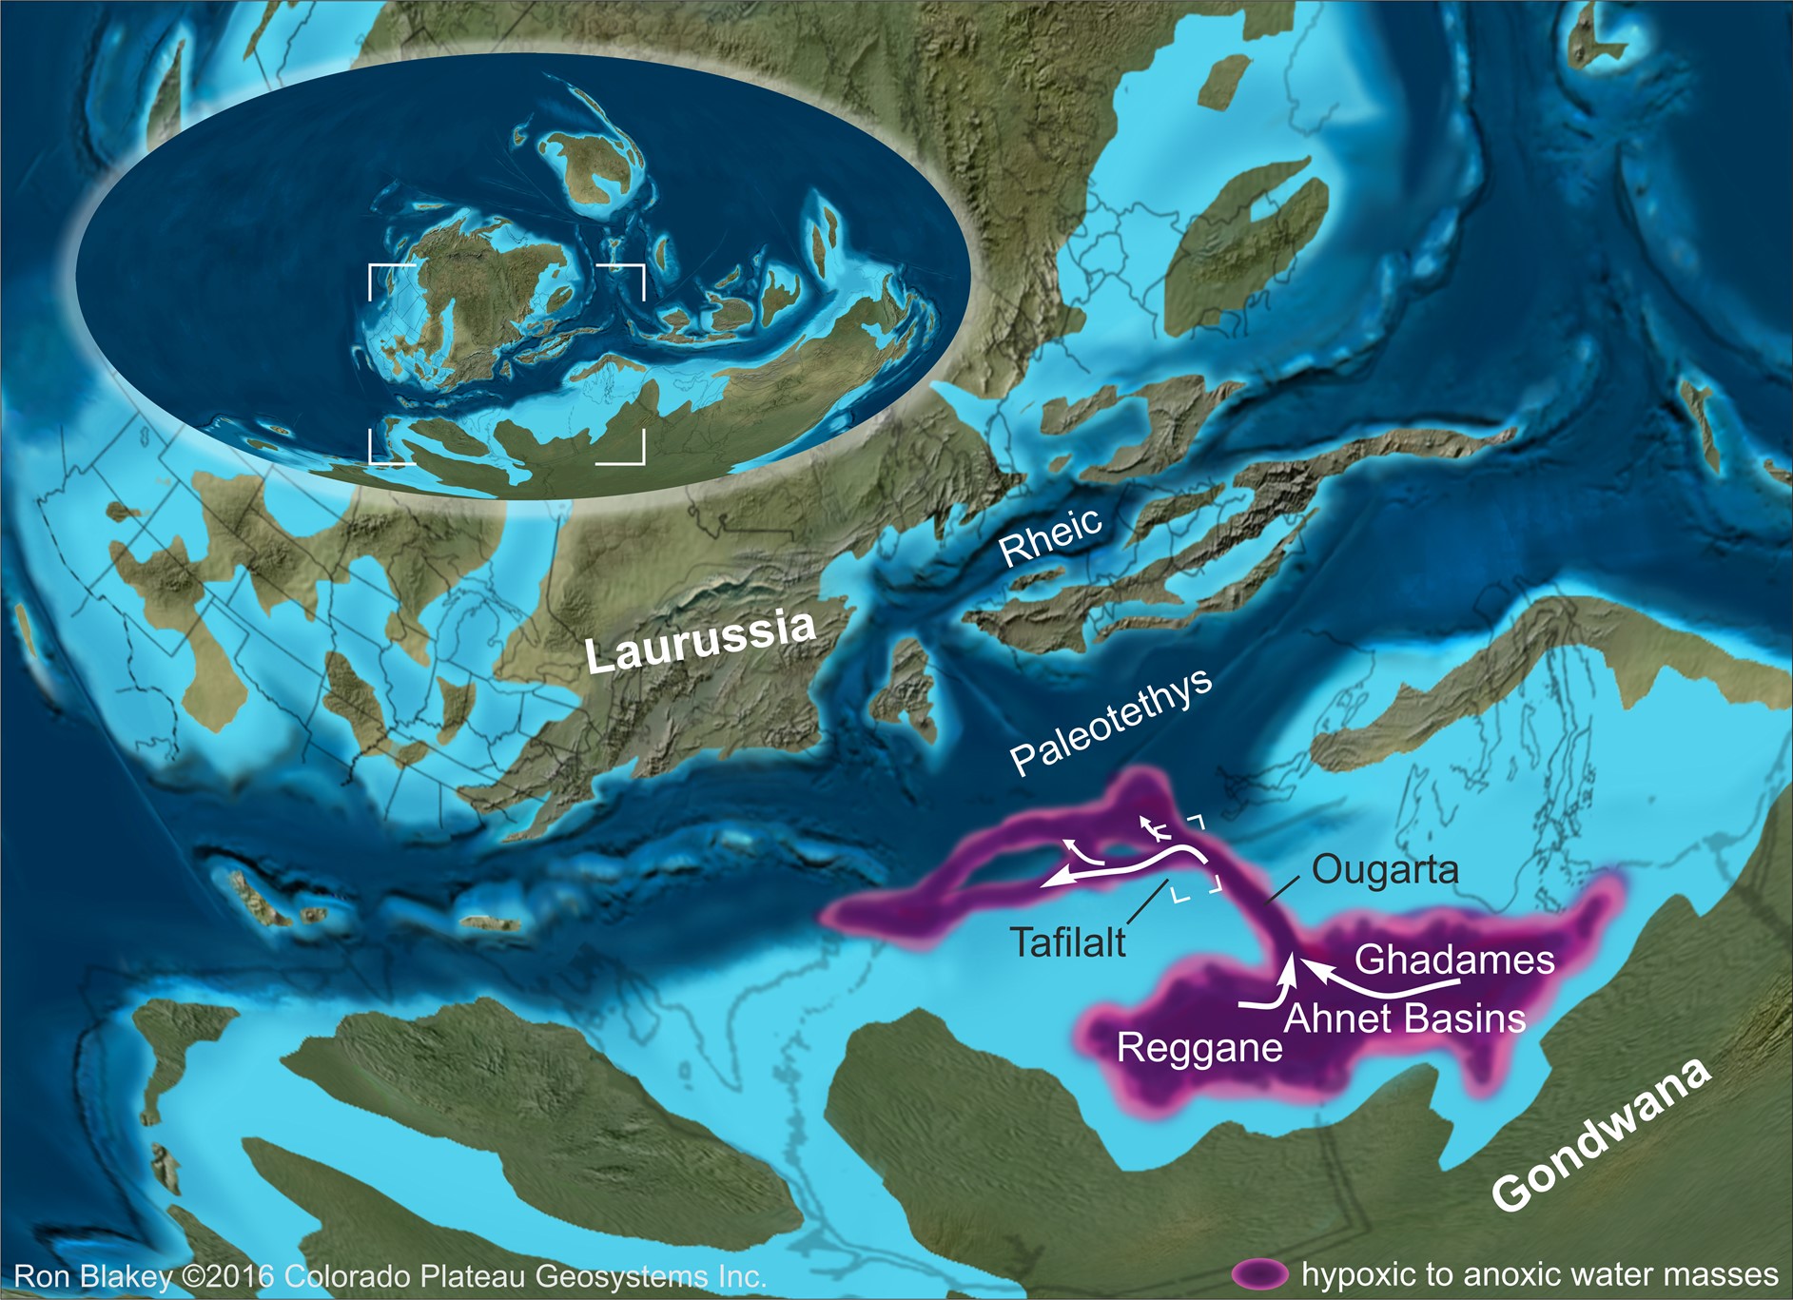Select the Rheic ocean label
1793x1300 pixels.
(1050, 535)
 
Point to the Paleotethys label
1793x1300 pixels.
(1110, 720)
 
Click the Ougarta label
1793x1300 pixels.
(1385, 869)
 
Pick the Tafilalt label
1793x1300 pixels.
(1067, 942)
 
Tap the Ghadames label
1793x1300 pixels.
(1454, 959)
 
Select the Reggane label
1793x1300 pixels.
(1199, 1048)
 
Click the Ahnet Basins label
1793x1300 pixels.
(1405, 1019)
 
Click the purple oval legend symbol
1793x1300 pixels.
(1259, 1274)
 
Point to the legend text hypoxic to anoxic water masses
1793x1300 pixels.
(1539, 1274)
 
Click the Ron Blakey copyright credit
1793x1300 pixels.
(390, 1276)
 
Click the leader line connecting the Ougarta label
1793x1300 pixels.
(1282, 888)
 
